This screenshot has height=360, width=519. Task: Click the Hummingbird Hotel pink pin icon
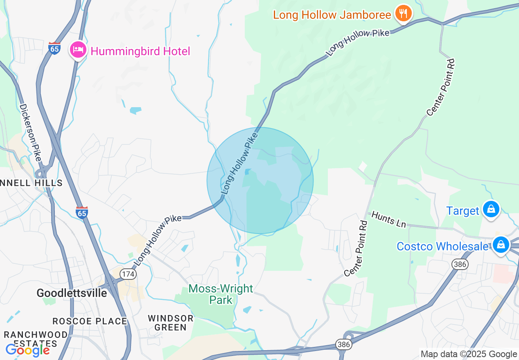78,50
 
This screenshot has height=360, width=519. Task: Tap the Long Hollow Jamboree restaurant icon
403,14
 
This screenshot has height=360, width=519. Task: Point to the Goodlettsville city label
72,293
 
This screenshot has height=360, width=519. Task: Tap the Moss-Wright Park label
221,294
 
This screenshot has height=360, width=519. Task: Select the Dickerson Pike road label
31,132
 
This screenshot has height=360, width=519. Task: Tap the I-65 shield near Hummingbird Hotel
54,48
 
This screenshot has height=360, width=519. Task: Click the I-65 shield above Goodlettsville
82,212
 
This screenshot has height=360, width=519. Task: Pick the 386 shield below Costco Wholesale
460,264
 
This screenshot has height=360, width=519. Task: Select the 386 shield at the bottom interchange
344,344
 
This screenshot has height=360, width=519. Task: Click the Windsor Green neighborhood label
171,323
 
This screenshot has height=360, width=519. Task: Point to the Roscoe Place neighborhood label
90,321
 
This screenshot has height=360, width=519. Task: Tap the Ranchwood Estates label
36,339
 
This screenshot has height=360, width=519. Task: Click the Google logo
27,350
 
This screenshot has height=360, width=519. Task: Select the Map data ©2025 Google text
469,354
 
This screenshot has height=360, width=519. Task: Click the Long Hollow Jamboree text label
332,15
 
